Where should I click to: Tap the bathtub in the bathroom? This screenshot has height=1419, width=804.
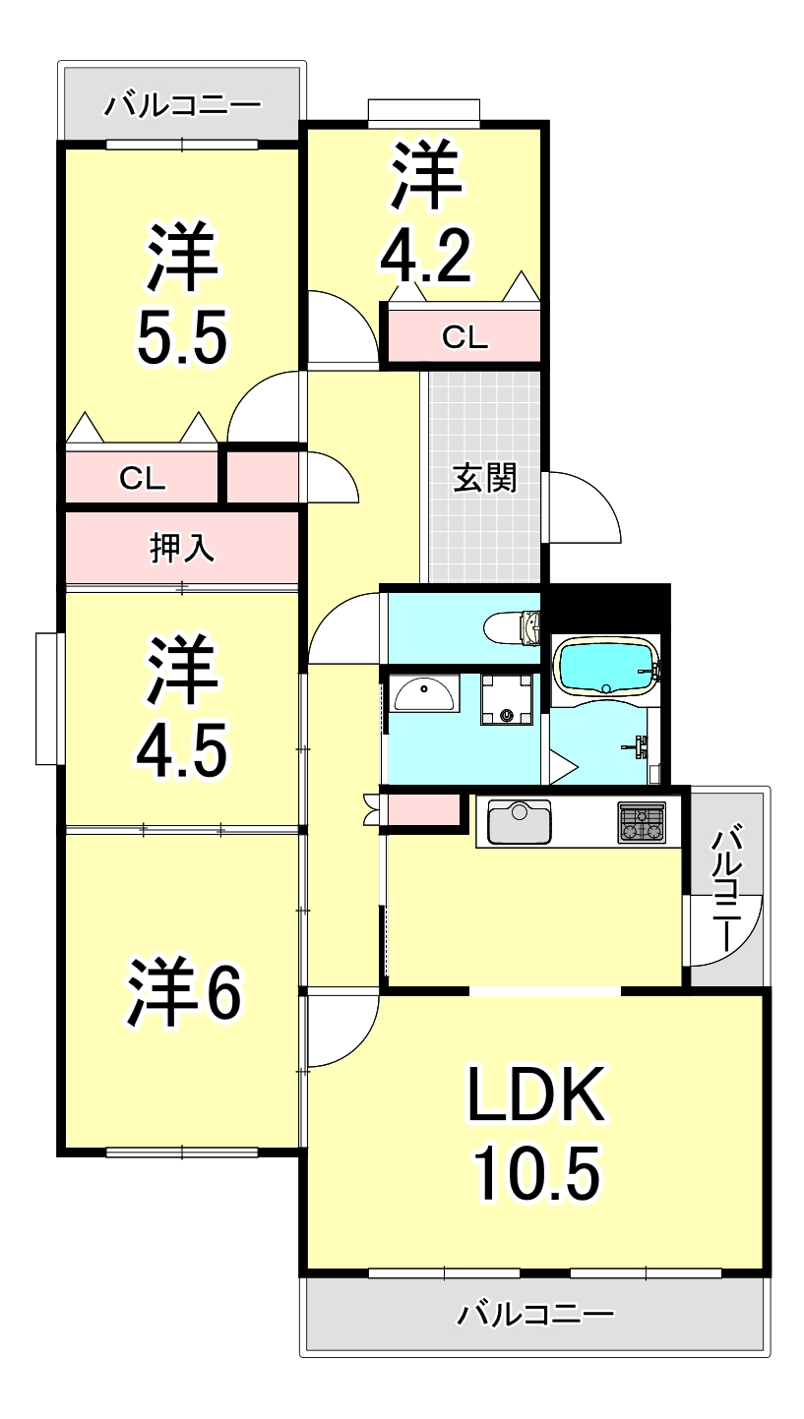pyautogui.click(x=605, y=668)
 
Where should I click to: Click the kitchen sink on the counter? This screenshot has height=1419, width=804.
pyautogui.click(x=519, y=822)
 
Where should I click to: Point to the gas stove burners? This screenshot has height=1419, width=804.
pyautogui.click(x=641, y=822)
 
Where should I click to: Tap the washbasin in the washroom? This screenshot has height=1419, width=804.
pyautogui.click(x=423, y=694)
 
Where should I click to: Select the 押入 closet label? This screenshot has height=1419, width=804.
pyautogui.click(x=182, y=547)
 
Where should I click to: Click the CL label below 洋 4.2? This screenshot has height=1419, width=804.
pyautogui.click(x=464, y=337)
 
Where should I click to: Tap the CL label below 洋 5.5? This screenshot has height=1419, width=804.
pyautogui.click(x=143, y=478)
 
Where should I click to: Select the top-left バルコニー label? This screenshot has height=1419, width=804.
pyautogui.click(x=184, y=104)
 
